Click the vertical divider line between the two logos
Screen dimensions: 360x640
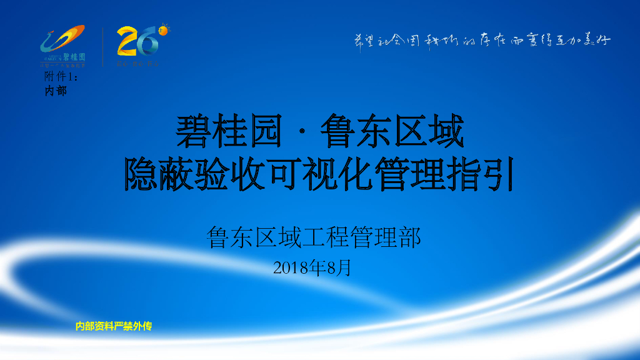pos(102,47)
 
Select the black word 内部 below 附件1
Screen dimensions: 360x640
pos(56,91)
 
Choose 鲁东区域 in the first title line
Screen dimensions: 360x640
pos(392,131)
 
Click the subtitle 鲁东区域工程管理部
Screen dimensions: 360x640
pos(314,237)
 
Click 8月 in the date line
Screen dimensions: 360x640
pos(339,268)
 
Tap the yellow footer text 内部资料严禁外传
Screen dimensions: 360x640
pos(114,326)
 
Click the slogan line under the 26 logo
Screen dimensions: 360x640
pos(138,63)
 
